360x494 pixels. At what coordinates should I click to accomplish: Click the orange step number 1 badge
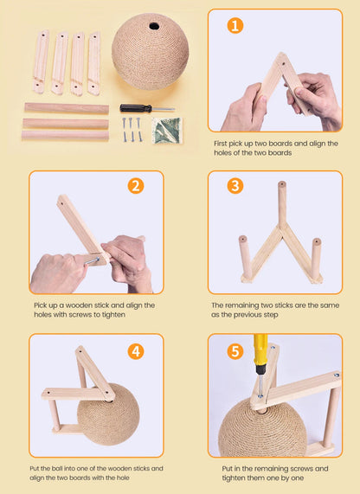tap(235, 25)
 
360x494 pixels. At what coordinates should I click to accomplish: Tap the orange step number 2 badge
tap(136, 186)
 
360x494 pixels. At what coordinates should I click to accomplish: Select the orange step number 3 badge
tap(235, 186)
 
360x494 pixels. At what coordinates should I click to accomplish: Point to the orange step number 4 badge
tap(136, 351)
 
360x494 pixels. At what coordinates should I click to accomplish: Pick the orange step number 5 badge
tap(235, 351)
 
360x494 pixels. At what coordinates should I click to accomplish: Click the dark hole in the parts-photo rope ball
tap(154, 26)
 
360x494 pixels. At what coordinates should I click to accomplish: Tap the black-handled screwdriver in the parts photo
tap(147, 108)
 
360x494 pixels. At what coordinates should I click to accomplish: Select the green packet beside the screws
tap(166, 131)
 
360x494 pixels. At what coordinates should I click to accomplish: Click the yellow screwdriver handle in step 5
tap(260, 350)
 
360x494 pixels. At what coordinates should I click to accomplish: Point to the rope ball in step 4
tap(108, 414)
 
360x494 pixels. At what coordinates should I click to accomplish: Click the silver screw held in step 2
tap(92, 261)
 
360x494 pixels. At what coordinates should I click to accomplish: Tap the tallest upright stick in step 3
tap(282, 203)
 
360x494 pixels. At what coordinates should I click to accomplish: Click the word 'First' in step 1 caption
tap(221, 144)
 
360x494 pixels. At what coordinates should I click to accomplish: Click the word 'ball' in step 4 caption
tap(57, 469)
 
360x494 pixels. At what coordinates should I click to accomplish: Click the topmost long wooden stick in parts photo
tap(67, 108)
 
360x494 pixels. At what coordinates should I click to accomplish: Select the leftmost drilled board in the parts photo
tap(41, 61)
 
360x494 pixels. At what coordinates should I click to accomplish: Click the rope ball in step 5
tap(262, 428)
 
